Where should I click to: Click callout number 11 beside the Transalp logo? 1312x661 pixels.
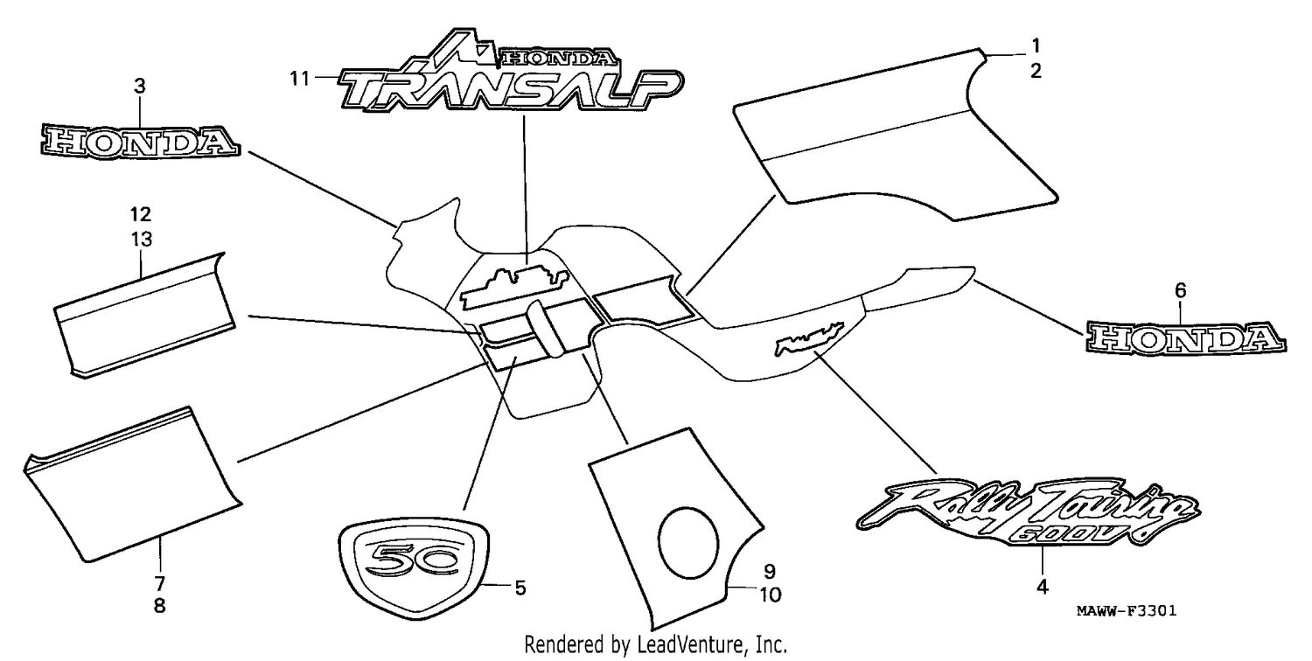299,78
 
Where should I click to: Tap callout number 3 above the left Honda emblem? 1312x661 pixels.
139,86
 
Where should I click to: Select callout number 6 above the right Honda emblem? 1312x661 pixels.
1180,290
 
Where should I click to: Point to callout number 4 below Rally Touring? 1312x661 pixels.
1043,587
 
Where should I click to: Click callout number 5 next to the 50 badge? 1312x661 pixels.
520,588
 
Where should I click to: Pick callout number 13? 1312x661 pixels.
141,240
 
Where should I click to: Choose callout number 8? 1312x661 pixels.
160,606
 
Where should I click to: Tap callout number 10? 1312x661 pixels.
771,595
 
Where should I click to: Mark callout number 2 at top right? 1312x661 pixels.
1036,71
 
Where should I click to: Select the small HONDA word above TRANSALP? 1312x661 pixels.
559,58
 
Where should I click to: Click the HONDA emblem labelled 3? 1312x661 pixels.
141,142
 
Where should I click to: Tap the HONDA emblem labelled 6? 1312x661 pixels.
1186,338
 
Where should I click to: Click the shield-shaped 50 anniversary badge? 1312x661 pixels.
414,567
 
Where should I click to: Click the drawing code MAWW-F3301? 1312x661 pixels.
1127,611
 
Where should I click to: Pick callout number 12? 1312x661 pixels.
141,214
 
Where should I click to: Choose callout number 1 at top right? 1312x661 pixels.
1036,45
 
